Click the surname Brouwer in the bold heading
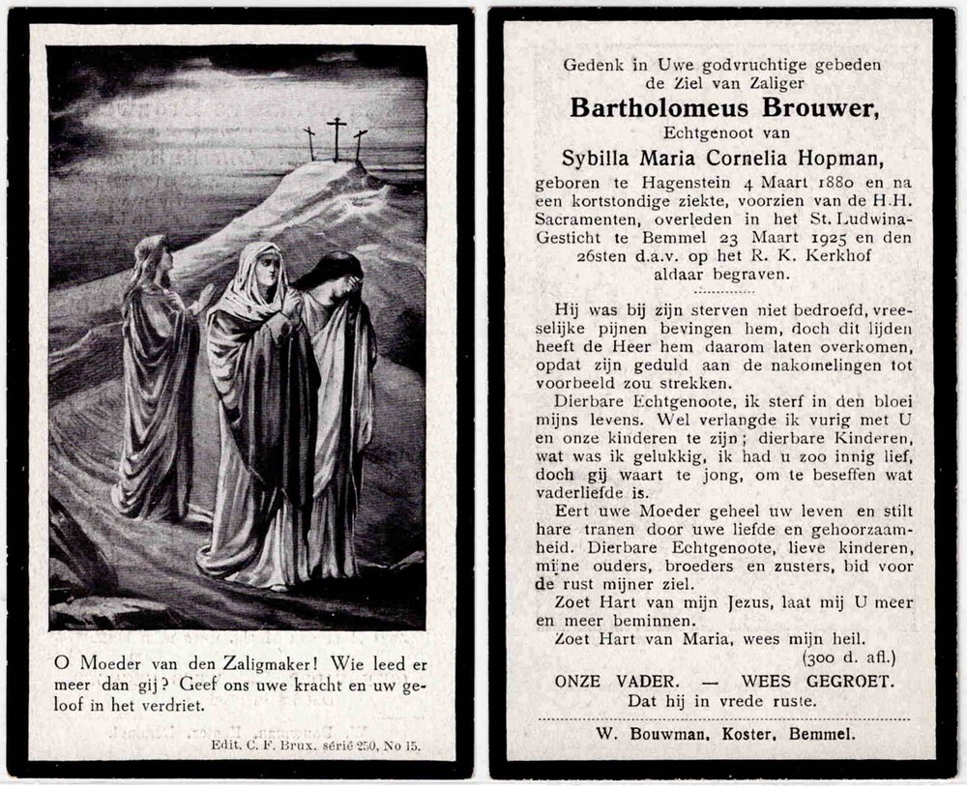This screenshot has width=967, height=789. tap(813, 108)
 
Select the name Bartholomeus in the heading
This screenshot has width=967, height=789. tap(654, 108)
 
